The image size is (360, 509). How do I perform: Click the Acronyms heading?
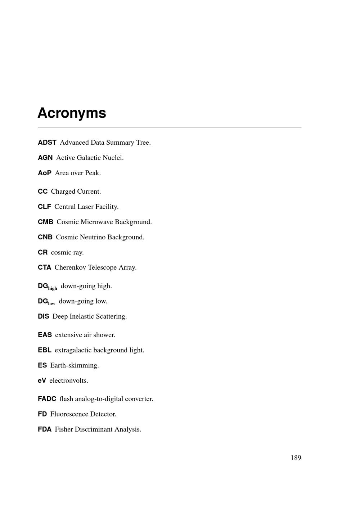(x=72, y=113)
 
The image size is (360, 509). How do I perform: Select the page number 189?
(x=296, y=458)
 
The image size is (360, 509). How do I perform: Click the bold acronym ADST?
(x=47, y=143)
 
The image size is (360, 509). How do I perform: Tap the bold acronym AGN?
(x=45, y=158)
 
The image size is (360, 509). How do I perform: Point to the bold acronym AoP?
(x=45, y=173)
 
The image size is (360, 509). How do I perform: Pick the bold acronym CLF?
(x=44, y=207)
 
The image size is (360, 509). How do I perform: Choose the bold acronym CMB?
(x=45, y=222)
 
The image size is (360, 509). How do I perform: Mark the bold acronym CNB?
(x=45, y=237)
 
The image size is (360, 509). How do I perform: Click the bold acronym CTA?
(x=45, y=267)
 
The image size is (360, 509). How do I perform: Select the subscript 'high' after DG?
(x=53, y=288)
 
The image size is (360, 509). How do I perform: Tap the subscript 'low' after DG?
(x=51, y=303)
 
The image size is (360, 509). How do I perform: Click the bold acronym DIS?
(x=44, y=316)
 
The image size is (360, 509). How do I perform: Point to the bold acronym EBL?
(x=45, y=350)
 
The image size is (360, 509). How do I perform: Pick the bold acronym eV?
(x=42, y=380)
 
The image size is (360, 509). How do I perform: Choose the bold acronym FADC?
(x=47, y=399)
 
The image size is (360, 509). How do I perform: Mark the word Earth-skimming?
(x=75, y=365)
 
